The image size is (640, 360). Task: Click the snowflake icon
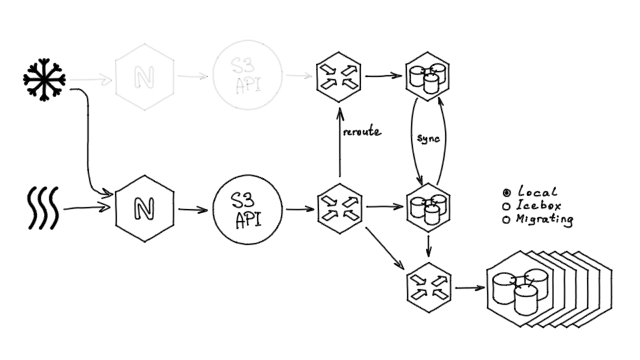tap(44, 79)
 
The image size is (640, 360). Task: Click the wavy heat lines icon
tap(43, 207)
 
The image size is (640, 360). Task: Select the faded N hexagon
tap(145, 77)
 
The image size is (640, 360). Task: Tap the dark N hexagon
tap(145, 208)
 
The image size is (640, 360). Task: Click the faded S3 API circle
tap(247, 75)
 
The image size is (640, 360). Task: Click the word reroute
tap(361, 131)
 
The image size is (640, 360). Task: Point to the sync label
tap(427, 138)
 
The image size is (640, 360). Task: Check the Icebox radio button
tap(506, 206)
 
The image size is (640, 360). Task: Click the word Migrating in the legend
tap(545, 219)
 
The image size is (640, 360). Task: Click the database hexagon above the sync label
tap(427, 77)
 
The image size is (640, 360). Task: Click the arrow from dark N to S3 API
tap(193, 209)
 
